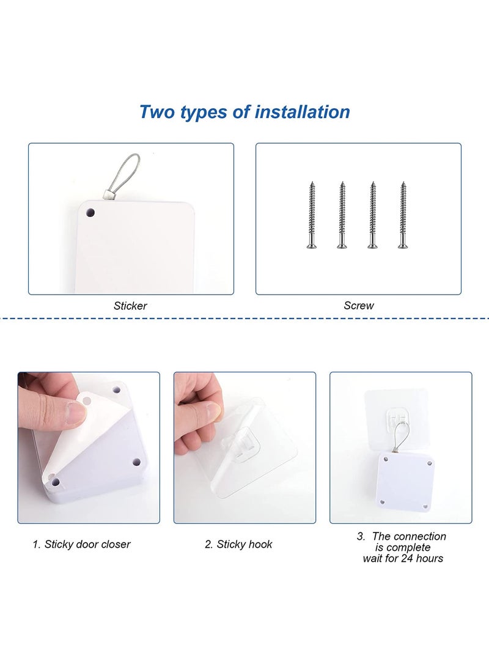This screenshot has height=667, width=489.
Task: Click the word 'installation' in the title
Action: (x=302, y=112)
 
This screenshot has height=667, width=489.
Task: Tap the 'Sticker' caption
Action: (x=130, y=306)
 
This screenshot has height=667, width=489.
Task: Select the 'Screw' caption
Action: (x=358, y=305)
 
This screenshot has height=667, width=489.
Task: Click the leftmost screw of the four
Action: (x=312, y=215)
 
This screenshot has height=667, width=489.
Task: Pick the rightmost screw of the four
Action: (x=403, y=215)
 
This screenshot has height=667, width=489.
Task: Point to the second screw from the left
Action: (x=342, y=215)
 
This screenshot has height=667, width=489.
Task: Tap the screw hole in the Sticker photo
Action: (x=90, y=212)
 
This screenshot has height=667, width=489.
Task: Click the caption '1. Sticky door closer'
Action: (x=81, y=544)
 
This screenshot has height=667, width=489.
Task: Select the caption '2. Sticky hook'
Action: (x=238, y=544)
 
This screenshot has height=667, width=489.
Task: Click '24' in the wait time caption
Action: (x=407, y=558)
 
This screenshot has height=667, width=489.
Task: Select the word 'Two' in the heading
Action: (x=157, y=112)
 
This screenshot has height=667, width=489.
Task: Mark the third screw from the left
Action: (x=372, y=215)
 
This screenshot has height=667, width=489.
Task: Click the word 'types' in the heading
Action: (x=204, y=112)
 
